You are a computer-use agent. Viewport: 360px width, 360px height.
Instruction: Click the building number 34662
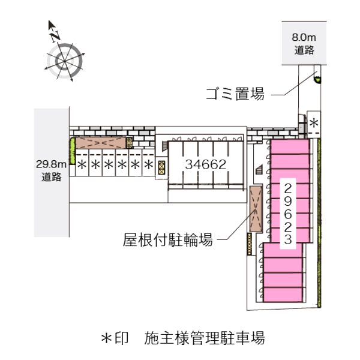[x=205, y=164]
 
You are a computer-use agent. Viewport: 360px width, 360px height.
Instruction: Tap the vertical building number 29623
[x=287, y=214]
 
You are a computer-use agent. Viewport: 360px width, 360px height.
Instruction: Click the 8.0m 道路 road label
[x=304, y=44]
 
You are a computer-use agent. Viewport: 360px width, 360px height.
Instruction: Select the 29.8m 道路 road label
[x=51, y=170]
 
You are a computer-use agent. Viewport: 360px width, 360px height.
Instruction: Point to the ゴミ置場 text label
[x=235, y=94]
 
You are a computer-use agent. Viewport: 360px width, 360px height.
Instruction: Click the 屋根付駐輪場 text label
[x=168, y=240]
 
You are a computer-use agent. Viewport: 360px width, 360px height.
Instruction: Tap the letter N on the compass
[x=55, y=36]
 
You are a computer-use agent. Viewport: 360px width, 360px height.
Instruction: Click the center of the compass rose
[x=65, y=61]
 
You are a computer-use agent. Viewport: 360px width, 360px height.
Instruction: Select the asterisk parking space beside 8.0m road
[x=314, y=123]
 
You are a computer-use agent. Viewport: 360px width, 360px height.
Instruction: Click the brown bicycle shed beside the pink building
[x=256, y=209]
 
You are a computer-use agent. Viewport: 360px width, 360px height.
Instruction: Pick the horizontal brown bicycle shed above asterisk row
[x=101, y=143]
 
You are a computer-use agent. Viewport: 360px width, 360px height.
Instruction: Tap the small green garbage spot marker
[x=318, y=80]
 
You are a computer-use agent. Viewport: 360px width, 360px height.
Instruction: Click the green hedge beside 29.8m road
[x=73, y=151]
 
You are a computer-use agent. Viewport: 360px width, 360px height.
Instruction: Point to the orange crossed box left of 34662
[x=161, y=167]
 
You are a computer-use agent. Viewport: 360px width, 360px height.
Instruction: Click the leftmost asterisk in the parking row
[x=82, y=164]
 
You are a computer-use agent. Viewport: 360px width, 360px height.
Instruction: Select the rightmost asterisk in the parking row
[x=149, y=164]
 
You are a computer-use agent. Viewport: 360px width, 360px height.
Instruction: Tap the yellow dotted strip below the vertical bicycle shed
[x=250, y=244]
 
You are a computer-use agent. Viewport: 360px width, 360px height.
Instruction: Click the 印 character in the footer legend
[x=121, y=338]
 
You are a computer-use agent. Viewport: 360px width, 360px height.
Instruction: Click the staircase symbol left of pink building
[x=259, y=170]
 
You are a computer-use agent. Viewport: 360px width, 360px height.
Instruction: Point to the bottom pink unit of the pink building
[x=283, y=295]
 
